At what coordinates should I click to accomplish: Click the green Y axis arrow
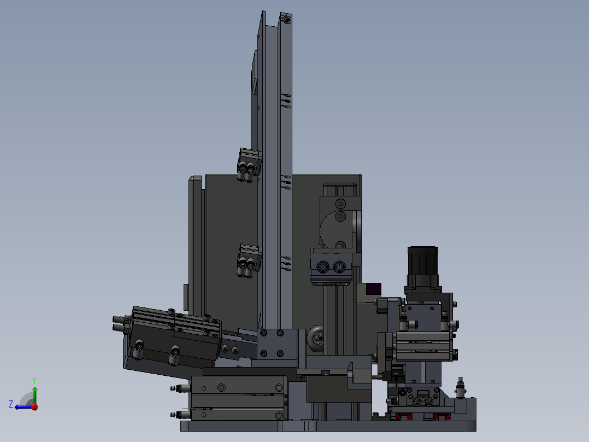[x=34, y=395]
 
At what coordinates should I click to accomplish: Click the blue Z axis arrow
[x=23, y=407]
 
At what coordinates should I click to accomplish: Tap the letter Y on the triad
[x=34, y=380]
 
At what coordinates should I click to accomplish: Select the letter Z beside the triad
[x=11, y=404]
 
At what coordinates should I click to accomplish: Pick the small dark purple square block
[x=374, y=289]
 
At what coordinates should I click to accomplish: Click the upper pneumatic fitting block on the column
[x=249, y=165]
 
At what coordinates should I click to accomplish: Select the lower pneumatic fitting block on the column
[x=249, y=261]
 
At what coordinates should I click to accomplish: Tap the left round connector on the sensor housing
[x=323, y=267]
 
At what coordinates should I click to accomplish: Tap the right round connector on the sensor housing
[x=339, y=267]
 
